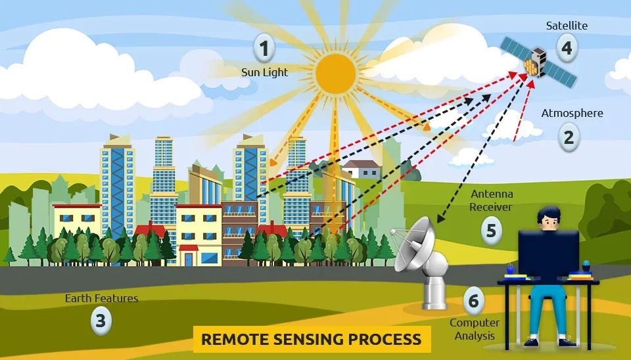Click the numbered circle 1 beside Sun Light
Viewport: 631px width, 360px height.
click(x=264, y=48)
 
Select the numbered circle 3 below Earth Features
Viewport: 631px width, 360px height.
click(x=101, y=321)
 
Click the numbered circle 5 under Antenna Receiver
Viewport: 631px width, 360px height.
click(x=491, y=231)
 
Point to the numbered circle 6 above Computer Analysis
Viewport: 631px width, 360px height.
click(x=473, y=302)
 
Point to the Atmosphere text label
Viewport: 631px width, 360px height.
click(x=572, y=113)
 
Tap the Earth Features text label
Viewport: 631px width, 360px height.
click(x=101, y=298)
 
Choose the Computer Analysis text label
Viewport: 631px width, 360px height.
click(x=474, y=329)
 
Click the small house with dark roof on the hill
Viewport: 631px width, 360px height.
click(x=361, y=169)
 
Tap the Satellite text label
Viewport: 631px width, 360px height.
click(x=567, y=26)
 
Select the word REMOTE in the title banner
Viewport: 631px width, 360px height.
click(x=229, y=340)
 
